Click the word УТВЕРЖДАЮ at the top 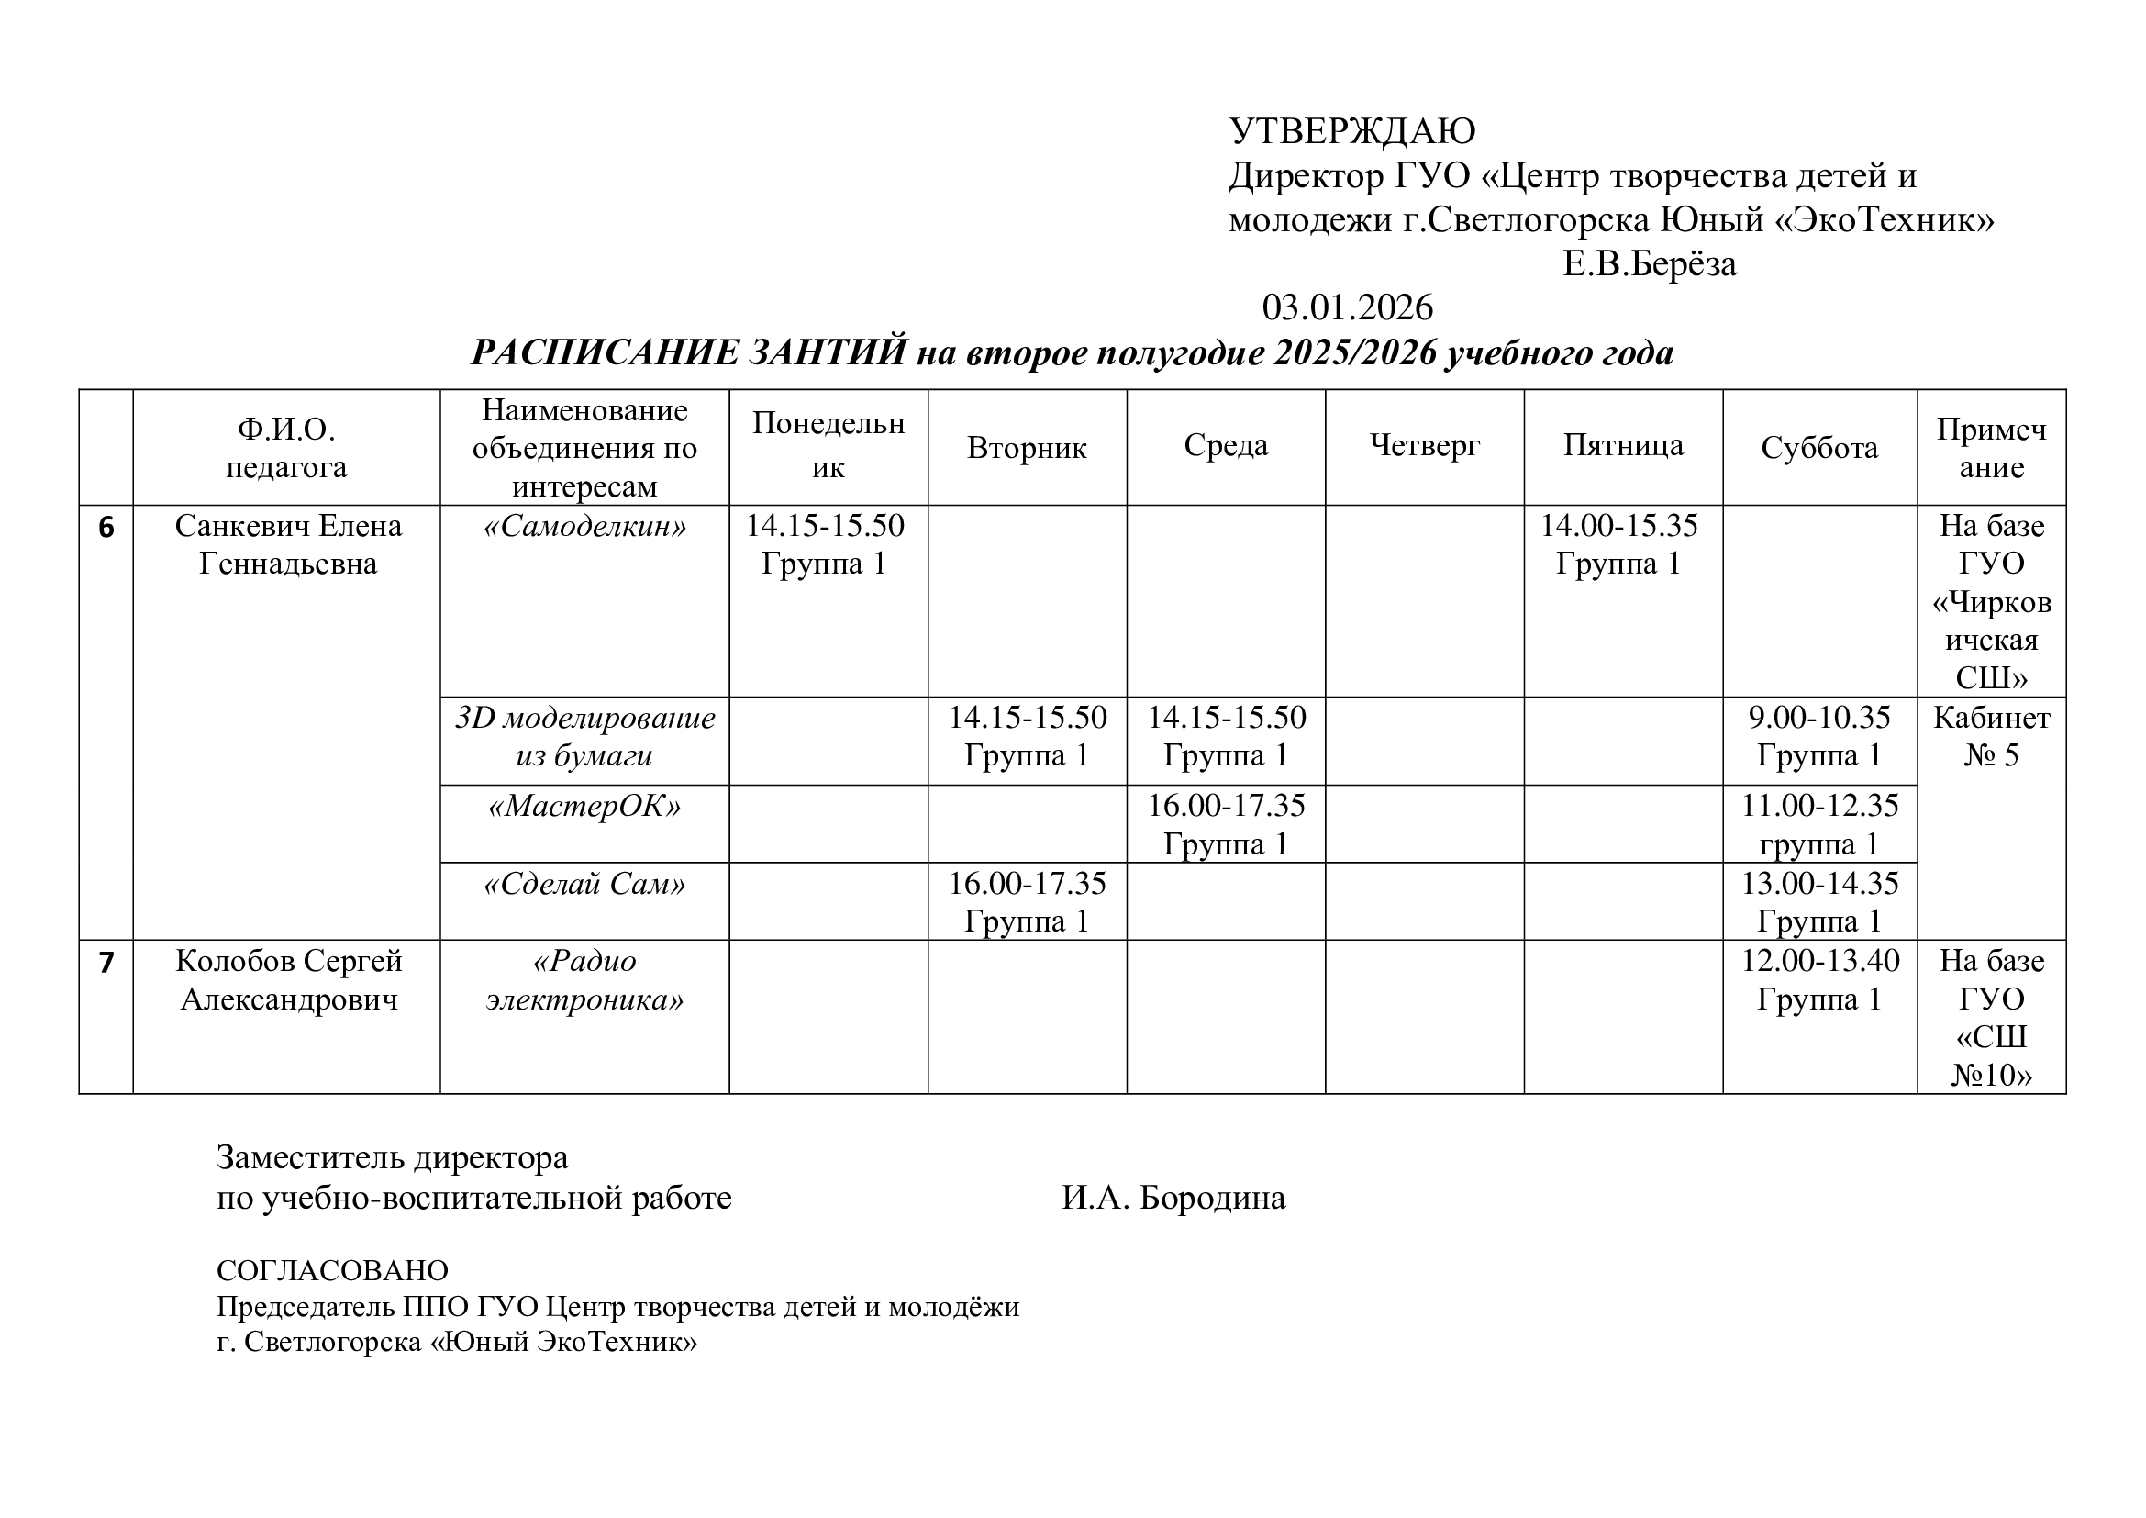pyautogui.click(x=1351, y=132)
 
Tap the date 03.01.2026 pyautogui.click(x=1347, y=307)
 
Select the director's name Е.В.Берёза pyautogui.click(x=1650, y=264)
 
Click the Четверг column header pyautogui.click(x=1425, y=446)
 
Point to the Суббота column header pyautogui.click(x=1818, y=448)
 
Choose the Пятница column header pyautogui.click(x=1624, y=446)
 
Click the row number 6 pyautogui.click(x=106, y=528)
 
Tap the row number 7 pyautogui.click(x=106, y=963)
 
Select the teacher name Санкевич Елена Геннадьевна pyautogui.click(x=288, y=545)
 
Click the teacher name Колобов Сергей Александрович pyautogui.click(x=288, y=980)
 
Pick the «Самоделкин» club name pyautogui.click(x=584, y=527)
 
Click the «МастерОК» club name pyautogui.click(x=584, y=806)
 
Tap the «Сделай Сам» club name pyautogui.click(x=584, y=884)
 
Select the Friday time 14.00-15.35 pyautogui.click(x=1618, y=526)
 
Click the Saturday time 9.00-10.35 pyautogui.click(x=1818, y=718)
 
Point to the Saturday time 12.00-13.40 pyautogui.click(x=1818, y=961)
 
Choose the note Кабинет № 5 pyautogui.click(x=1991, y=737)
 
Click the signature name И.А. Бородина pyautogui.click(x=1173, y=1199)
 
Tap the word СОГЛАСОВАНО pyautogui.click(x=333, y=1270)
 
